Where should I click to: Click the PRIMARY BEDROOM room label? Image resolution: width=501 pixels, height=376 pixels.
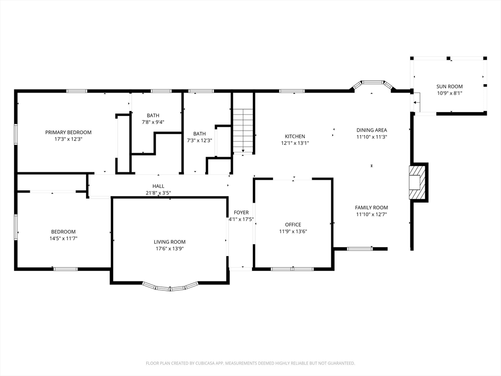[68, 132]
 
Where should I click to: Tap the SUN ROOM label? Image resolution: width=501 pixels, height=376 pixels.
[450, 86]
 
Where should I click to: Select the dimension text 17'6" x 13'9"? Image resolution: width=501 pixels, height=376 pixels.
[169, 249]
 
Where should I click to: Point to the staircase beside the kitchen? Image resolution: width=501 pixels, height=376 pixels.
[243, 131]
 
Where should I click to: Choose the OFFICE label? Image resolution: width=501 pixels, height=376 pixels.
[293, 225]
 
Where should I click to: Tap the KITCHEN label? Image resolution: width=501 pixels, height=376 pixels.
[295, 137]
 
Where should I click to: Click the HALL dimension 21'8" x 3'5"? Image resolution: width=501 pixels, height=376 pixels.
[159, 193]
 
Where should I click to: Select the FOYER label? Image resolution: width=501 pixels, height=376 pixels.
[241, 212]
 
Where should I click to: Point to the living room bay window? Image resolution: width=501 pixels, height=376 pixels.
[170, 287]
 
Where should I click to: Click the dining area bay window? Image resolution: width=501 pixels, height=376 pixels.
[372, 84]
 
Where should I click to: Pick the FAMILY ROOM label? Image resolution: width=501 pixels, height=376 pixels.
[371, 208]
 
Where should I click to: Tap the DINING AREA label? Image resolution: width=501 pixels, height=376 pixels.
[372, 130]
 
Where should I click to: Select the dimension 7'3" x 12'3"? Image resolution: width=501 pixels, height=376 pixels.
[200, 141]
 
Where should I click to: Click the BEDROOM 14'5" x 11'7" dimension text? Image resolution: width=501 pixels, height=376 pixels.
[63, 238]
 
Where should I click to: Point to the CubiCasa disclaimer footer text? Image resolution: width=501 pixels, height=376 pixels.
[250, 363]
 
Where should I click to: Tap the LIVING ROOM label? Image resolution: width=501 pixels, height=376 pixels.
[169, 242]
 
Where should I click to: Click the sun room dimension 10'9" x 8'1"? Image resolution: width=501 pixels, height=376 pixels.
[450, 94]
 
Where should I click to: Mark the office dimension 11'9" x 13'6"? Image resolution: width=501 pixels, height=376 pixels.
[293, 232]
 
